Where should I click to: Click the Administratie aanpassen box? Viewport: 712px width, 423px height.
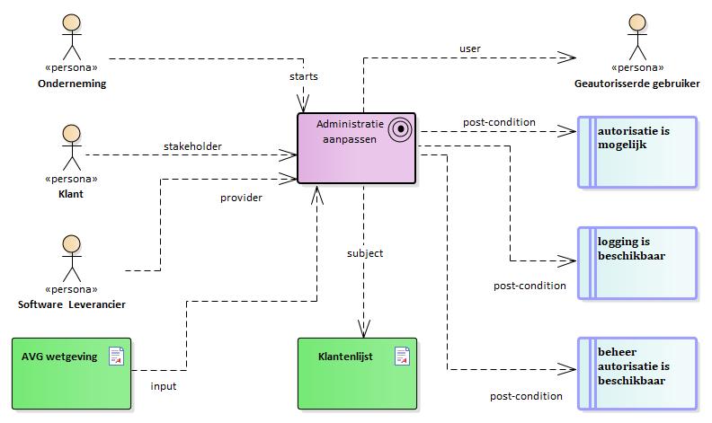pos(357,148)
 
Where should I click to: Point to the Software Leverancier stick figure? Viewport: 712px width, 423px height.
pos(70,257)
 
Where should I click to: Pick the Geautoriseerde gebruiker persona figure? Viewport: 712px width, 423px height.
pos(636,37)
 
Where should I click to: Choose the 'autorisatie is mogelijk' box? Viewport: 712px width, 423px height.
pos(636,152)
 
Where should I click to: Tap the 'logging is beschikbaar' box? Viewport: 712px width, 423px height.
pos(636,262)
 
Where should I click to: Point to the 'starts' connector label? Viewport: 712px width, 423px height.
pos(303,76)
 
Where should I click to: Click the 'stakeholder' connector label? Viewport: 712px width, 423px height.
pos(192,145)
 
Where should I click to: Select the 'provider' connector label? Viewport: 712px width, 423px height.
pos(241,198)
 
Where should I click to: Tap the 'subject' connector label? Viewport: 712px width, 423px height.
pos(365,253)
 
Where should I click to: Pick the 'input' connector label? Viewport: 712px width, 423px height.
pos(164,387)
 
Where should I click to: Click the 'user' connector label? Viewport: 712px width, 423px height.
pos(469,48)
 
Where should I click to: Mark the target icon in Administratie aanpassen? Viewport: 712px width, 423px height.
pos(399,129)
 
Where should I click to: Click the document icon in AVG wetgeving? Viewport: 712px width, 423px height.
pos(116,357)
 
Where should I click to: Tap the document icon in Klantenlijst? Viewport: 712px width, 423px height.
pos(402,357)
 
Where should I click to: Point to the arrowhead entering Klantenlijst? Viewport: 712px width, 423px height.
pos(364,330)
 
